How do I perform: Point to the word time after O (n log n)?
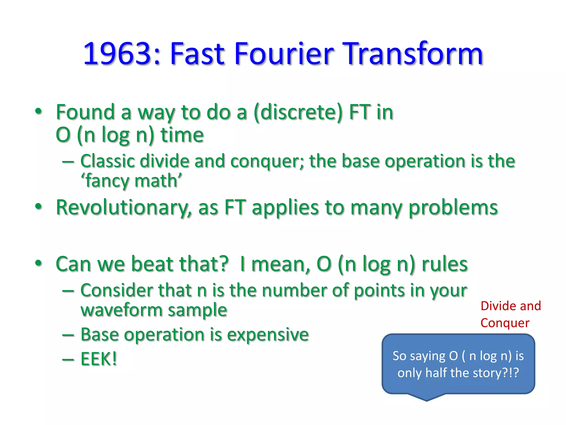point(182,135)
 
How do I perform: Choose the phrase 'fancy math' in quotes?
point(132,181)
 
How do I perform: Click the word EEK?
point(99,359)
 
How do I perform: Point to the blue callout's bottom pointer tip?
point(426,401)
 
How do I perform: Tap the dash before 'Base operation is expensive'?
point(68,335)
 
